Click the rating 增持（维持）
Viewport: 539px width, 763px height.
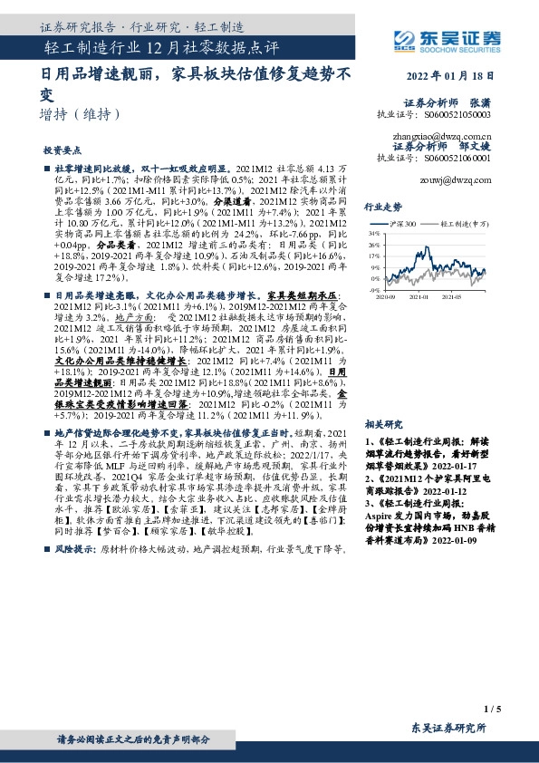click(81, 114)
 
